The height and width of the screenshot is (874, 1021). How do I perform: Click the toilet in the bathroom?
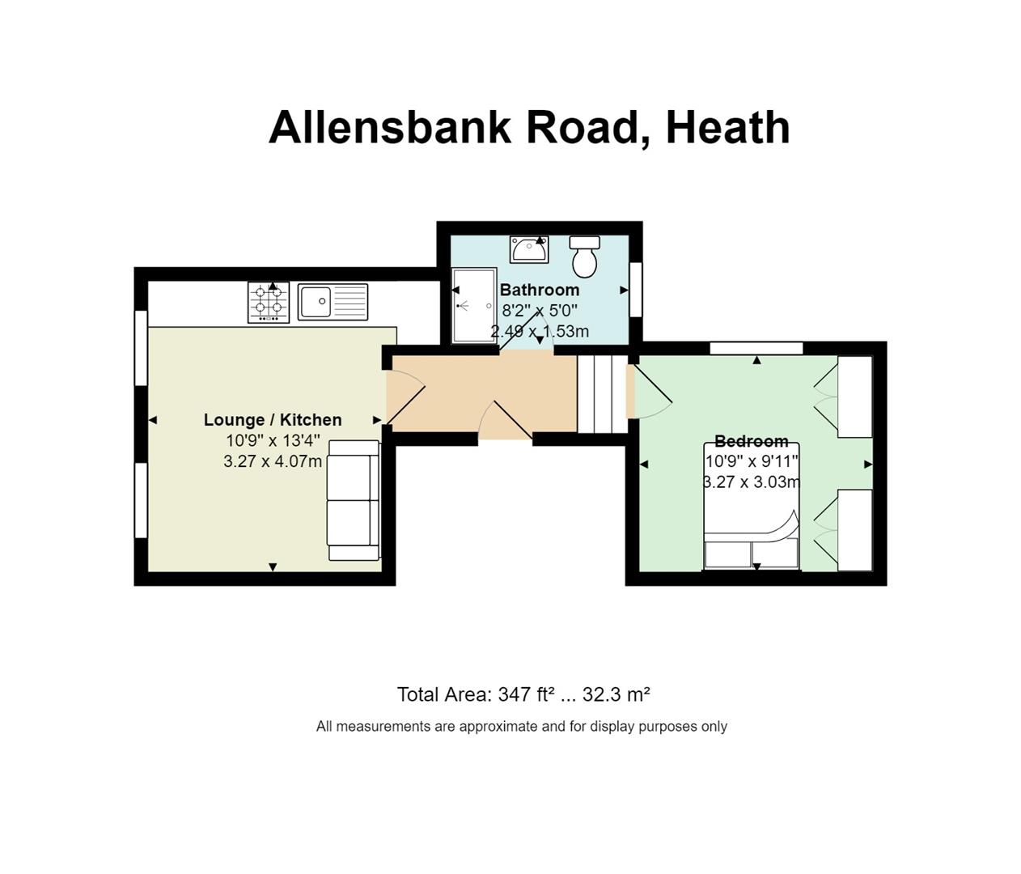(585, 256)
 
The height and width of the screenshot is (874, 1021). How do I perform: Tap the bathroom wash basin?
(529, 249)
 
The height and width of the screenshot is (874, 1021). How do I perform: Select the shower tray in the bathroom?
(474, 305)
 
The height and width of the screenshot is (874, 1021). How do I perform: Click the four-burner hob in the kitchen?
(269, 303)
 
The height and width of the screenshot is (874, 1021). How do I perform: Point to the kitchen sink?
(333, 301)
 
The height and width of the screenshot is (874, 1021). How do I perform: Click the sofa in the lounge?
(354, 500)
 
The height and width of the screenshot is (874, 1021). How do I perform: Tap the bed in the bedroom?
(752, 506)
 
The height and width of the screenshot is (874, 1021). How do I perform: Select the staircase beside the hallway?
(602, 394)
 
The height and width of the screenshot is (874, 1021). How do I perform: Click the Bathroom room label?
(540, 290)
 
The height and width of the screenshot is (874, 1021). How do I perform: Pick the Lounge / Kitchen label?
(273, 420)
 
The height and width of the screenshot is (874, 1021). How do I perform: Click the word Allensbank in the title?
(390, 128)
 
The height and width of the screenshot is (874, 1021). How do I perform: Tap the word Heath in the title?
(728, 128)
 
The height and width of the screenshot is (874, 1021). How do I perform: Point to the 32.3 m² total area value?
(616, 694)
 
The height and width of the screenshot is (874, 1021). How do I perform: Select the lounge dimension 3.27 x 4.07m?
(273, 461)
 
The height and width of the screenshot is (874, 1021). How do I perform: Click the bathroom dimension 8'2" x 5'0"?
(540, 311)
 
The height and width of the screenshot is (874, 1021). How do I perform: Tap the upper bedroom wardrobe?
(854, 397)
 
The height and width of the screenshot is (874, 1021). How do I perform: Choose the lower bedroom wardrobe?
(854, 529)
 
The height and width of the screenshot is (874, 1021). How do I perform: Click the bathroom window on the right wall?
(636, 289)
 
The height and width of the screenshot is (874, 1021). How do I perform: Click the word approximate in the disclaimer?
(497, 727)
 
